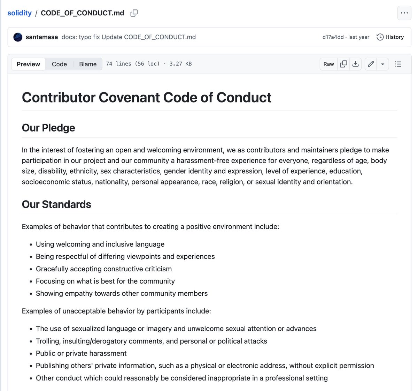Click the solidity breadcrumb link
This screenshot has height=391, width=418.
20,13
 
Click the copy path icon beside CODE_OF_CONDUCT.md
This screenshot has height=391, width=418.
134,13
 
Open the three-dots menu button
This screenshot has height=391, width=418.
404,13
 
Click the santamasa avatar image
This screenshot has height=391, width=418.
18,37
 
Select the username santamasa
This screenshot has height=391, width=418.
42,37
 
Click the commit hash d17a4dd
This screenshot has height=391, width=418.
333,37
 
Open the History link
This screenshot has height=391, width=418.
390,37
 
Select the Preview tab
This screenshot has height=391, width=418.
28,64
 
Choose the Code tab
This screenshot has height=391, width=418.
59,64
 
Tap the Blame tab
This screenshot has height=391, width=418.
88,64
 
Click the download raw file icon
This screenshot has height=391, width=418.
355,64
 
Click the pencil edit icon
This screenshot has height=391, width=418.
371,64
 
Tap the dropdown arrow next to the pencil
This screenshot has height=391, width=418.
382,64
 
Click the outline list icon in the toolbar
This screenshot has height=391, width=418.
398,64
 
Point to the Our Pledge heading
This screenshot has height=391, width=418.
48,128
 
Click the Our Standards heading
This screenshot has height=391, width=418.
56,204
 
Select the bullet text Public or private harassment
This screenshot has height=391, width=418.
81,353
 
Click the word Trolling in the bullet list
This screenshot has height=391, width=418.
48,341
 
